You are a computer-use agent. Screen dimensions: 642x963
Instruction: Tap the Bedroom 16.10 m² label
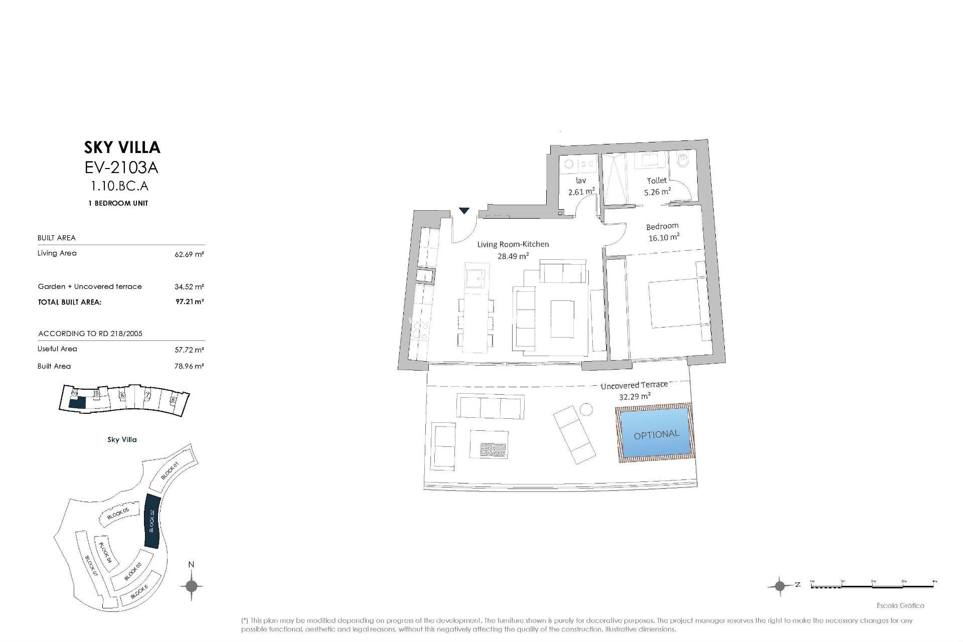(663, 232)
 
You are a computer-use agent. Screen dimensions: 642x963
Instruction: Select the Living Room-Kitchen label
(513, 250)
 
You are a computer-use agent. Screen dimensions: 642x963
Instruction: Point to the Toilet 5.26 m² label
(657, 186)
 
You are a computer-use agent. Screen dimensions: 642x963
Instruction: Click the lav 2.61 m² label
(581, 186)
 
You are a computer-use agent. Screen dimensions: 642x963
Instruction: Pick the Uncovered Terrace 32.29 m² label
(634, 390)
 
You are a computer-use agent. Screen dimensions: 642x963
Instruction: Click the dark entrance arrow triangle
(464, 211)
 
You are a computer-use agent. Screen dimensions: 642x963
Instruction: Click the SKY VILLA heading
(122, 147)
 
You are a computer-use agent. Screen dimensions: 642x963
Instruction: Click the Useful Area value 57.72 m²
(190, 350)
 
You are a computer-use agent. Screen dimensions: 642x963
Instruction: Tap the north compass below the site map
(191, 585)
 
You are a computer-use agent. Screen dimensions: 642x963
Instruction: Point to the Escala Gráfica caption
(900, 605)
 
